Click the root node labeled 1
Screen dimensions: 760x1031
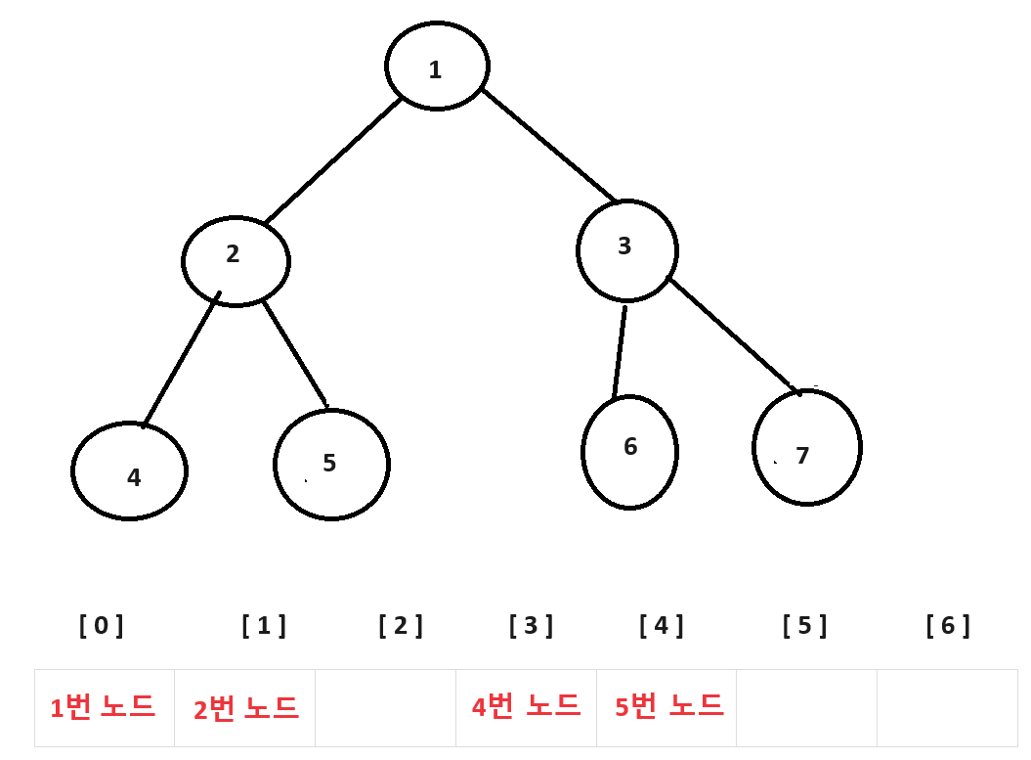tap(437, 67)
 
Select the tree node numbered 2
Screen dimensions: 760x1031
tap(236, 260)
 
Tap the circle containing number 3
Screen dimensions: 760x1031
tap(626, 250)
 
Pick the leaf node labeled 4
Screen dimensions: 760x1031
tap(129, 471)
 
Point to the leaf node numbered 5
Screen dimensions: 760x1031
tap(331, 465)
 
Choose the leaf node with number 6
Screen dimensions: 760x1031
tap(629, 452)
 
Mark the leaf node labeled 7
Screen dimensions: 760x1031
tap(806, 448)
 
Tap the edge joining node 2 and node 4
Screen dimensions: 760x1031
tap(181, 360)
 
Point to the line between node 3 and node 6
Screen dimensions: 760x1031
tap(620, 352)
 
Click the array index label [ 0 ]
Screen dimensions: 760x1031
tap(102, 626)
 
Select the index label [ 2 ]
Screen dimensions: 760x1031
tap(401, 626)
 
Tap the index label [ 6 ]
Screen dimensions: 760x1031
tap(948, 626)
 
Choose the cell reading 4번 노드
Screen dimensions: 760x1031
tap(526, 705)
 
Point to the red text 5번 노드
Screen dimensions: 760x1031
tap(668, 705)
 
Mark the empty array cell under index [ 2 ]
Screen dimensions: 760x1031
tap(385, 708)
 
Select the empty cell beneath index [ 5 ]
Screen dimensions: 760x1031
tap(806, 708)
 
